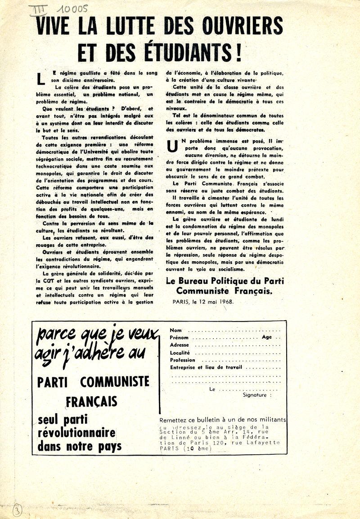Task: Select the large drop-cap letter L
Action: [41, 77]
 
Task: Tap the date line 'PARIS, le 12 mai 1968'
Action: [203, 301]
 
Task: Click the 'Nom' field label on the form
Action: [176, 330]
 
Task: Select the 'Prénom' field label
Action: [179, 337]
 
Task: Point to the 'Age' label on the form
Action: [267, 337]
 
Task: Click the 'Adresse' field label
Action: [180, 345]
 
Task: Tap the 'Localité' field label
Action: [180, 353]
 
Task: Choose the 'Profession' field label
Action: [183, 360]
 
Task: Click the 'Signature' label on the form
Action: [256, 395]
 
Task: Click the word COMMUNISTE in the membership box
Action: [115, 382]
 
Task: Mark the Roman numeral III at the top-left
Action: [38, 9]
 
